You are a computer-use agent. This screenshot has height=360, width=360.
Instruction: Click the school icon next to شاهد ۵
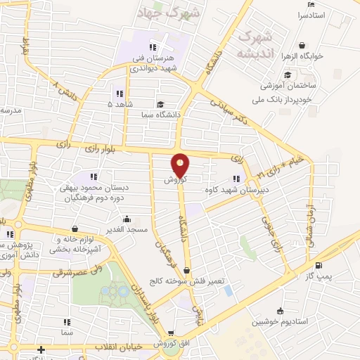[120, 94]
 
